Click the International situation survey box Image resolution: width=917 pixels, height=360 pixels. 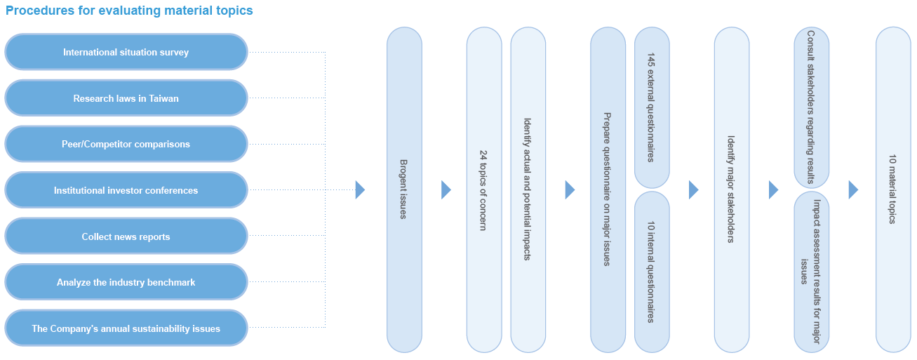[126, 52]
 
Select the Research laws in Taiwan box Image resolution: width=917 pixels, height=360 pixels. [126, 98]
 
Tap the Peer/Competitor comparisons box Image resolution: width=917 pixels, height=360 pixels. [126, 144]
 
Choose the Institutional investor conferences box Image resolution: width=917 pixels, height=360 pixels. [126, 190]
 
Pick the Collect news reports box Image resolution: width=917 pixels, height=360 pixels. [126, 236]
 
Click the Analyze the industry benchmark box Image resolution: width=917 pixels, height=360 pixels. [126, 282]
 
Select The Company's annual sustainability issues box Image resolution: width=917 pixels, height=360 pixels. [126, 328]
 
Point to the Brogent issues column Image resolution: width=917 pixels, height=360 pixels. [404, 189]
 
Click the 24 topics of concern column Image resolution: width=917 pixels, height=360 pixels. [484, 189]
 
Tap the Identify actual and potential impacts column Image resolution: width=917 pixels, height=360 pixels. [528, 189]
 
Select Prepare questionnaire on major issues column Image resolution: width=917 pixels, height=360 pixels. [608, 189]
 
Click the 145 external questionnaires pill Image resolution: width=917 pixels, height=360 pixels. [652, 107]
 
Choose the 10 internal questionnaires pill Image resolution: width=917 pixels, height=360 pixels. [652, 272]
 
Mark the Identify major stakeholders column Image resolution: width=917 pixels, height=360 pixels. [732, 189]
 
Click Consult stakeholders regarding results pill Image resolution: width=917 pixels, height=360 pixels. [811, 107]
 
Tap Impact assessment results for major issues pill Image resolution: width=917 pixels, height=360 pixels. [811, 272]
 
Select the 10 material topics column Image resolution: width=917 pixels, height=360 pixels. [893, 189]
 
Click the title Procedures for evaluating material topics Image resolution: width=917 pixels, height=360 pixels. [129, 11]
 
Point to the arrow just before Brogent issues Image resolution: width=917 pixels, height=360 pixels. [360, 190]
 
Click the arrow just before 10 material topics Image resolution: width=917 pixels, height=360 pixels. [853, 190]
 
